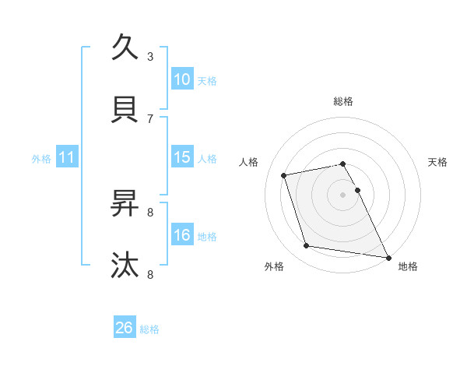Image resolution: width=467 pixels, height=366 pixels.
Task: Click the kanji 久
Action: point(125,48)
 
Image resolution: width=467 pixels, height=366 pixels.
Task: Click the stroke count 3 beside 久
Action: point(150,56)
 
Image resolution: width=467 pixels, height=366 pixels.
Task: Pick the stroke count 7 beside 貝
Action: point(150,118)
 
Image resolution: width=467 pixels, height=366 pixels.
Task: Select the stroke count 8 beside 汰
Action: point(150,274)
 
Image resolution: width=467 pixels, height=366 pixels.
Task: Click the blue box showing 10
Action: point(182,79)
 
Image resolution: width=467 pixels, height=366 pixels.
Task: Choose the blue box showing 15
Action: point(182,157)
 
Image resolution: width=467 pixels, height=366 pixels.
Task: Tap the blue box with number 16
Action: point(182,235)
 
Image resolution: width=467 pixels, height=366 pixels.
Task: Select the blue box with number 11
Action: point(67,158)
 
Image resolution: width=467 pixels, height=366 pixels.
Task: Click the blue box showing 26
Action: point(125,329)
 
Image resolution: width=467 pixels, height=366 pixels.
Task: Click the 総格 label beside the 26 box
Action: point(149,329)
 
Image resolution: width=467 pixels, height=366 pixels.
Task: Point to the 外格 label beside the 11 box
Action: point(41,159)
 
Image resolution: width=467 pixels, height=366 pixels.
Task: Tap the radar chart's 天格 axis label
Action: point(438,162)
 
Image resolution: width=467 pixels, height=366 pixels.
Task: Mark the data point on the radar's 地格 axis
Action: point(388,256)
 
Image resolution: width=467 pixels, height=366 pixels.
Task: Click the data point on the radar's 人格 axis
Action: point(284,175)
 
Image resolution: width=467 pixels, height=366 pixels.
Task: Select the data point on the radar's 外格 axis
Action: point(307,246)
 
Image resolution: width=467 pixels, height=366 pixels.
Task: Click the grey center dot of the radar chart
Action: point(342,195)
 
